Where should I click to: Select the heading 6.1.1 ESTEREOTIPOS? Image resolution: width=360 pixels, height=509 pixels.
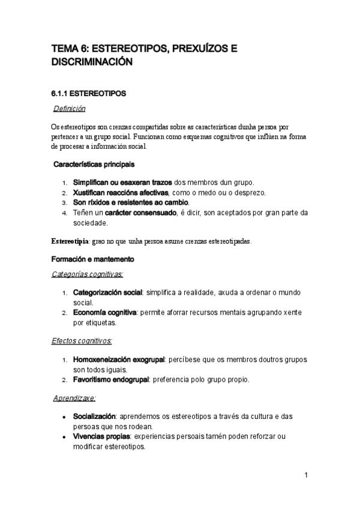pyautogui.click(x=88, y=94)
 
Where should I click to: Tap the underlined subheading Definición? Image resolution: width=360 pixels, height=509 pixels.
pyautogui.click(x=70, y=109)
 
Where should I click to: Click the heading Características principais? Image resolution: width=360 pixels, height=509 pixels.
pyautogui.click(x=94, y=164)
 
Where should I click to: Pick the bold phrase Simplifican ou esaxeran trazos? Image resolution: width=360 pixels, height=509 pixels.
pyautogui.click(x=122, y=182)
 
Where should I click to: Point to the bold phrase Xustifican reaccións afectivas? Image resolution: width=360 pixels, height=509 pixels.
pyautogui.click(x=121, y=193)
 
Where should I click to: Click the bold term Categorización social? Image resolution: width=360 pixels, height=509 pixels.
pyautogui.click(x=107, y=292)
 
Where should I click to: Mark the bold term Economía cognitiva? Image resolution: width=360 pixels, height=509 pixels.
pyautogui.click(x=105, y=313)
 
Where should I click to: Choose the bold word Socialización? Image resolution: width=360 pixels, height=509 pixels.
pyautogui.click(x=94, y=416)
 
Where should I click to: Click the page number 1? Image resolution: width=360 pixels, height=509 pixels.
pyautogui.click(x=306, y=475)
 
